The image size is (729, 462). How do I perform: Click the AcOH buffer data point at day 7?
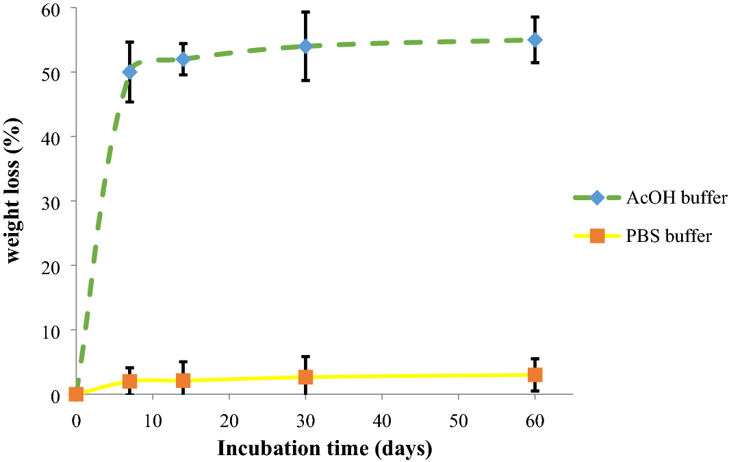tap(129, 72)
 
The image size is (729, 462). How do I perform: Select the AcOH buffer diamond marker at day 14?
tap(183, 59)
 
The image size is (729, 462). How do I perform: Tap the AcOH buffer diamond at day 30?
tap(305, 46)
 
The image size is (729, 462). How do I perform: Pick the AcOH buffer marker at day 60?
tap(535, 40)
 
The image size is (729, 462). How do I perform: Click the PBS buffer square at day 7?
tap(129, 381)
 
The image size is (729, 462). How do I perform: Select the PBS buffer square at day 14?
tap(183, 380)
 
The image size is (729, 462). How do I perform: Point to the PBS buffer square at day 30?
tap(305, 377)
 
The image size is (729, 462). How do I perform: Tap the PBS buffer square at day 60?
tap(535, 374)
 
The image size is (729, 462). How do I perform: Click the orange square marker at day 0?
tap(76, 394)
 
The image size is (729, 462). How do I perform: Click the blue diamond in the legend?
tap(597, 198)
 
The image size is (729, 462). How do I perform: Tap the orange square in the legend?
tap(597, 236)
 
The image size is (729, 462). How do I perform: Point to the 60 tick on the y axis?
tap(53, 9)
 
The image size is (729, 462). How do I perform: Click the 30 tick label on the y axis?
tap(53, 202)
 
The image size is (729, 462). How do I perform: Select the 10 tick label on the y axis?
tap(53, 330)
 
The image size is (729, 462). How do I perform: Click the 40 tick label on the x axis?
tap(381, 420)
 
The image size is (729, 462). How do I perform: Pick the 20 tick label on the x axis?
tap(229, 420)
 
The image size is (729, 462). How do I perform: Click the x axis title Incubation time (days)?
tap(324, 449)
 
